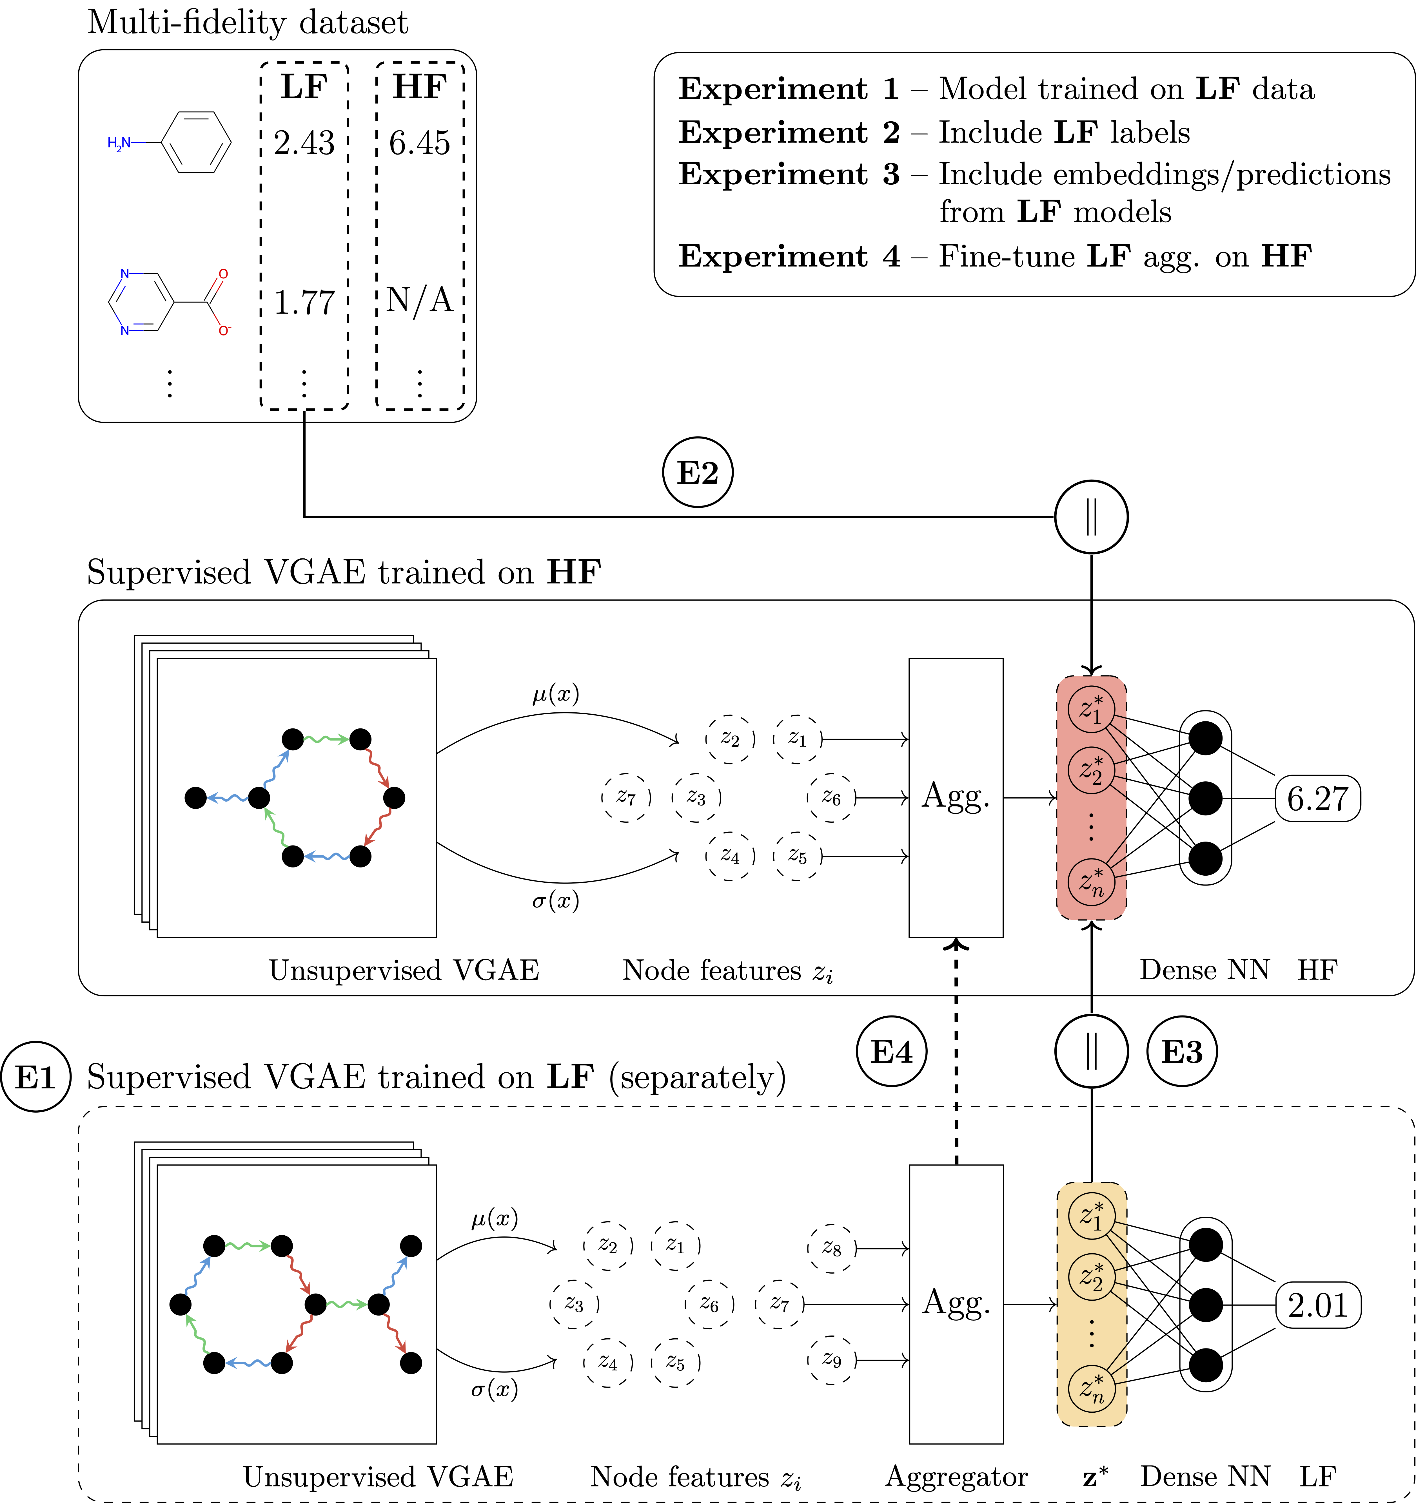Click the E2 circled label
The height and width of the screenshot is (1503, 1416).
(x=697, y=473)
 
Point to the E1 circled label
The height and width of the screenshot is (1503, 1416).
(x=35, y=1077)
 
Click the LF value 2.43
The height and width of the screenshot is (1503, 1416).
(x=304, y=143)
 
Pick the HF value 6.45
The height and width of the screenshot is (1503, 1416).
(x=420, y=143)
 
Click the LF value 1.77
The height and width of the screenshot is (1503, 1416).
(x=304, y=302)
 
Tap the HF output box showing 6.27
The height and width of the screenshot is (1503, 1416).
(x=1318, y=799)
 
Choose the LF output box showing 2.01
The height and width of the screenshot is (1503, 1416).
(x=1318, y=1305)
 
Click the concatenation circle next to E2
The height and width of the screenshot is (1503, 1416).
(x=1091, y=517)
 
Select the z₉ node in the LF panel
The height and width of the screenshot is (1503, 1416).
(x=831, y=1360)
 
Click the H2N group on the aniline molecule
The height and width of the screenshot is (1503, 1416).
(x=119, y=143)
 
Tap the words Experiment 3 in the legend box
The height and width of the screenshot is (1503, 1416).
(x=789, y=175)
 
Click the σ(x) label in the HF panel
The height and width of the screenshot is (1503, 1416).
(x=555, y=900)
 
